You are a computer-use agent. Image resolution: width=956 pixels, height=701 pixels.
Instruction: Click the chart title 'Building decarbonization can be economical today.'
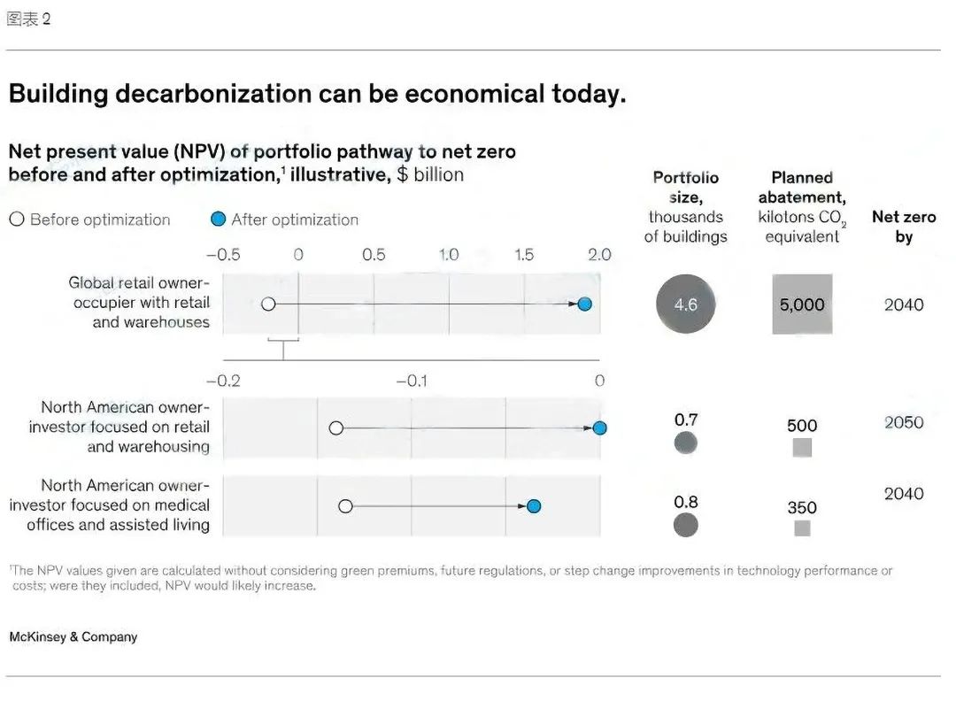point(317,95)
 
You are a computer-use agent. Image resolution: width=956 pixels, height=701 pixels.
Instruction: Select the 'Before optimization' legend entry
point(89,220)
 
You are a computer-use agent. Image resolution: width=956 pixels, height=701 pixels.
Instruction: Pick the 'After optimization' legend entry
point(285,220)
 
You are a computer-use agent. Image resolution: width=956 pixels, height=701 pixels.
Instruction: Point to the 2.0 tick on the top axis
point(599,255)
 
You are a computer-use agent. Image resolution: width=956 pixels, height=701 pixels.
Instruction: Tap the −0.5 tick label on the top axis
point(223,255)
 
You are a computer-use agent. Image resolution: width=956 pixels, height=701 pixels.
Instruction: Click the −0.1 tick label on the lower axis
point(412,381)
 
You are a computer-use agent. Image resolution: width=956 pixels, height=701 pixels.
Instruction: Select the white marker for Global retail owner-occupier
point(269,304)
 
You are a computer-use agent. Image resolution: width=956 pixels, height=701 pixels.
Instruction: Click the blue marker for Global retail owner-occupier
point(584,304)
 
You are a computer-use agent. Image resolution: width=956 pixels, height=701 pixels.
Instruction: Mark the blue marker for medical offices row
point(534,506)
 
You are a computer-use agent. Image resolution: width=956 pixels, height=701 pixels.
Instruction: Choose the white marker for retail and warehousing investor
point(336,428)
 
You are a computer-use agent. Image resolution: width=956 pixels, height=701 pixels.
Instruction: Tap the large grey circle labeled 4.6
point(686,304)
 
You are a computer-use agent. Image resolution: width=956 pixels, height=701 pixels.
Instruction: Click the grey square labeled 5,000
point(802,304)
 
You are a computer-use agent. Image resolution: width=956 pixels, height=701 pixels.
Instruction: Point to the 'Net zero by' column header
point(904,227)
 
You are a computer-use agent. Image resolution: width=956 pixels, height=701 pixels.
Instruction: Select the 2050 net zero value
point(904,422)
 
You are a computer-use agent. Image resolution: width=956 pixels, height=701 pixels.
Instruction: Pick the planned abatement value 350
point(802,508)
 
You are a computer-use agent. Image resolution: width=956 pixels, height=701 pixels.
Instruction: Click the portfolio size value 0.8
point(686,503)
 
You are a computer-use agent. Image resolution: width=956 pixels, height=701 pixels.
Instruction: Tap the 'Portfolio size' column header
point(686,207)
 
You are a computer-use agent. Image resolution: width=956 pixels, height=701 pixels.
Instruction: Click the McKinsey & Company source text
point(73,636)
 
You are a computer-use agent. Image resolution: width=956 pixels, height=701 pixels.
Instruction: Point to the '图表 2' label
point(28,19)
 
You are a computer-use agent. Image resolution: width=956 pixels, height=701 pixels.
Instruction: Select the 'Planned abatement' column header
point(802,207)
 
